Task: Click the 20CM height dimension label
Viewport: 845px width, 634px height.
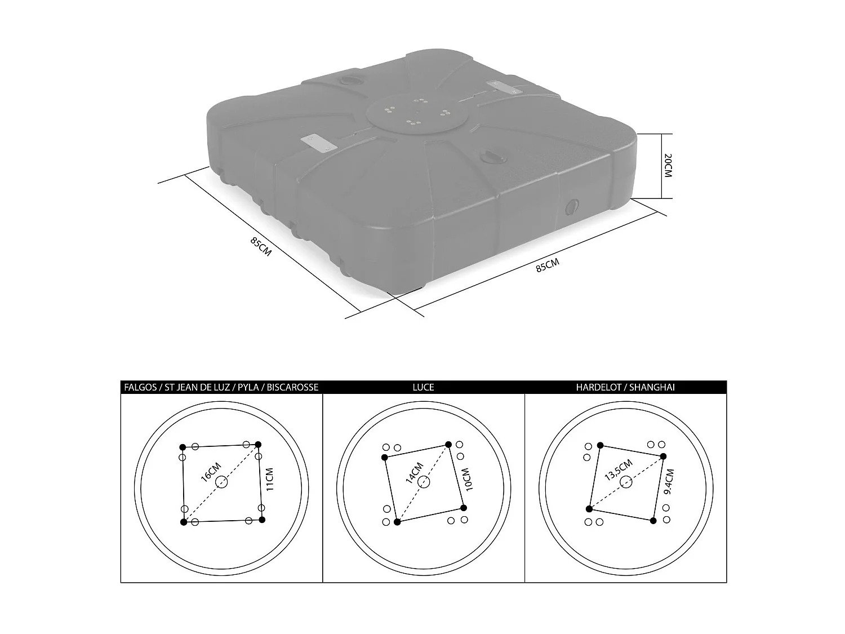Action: click(668, 166)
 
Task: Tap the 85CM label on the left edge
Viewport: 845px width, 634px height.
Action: click(261, 246)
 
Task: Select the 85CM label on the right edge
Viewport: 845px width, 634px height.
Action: click(548, 265)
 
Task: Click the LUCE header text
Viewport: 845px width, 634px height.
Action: click(423, 387)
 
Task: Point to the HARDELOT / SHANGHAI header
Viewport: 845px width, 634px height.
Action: click(625, 387)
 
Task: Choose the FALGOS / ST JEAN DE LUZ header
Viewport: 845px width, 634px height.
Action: click(221, 387)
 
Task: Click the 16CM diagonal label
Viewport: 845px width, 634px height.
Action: click(211, 472)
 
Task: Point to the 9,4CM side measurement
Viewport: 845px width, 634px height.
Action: click(668, 482)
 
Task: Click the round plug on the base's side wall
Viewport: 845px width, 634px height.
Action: click(572, 206)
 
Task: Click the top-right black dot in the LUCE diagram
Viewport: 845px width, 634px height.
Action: click(448, 444)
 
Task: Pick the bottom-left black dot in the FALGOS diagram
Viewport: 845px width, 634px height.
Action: click(184, 522)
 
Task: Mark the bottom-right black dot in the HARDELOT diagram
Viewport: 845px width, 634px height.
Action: click(653, 521)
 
